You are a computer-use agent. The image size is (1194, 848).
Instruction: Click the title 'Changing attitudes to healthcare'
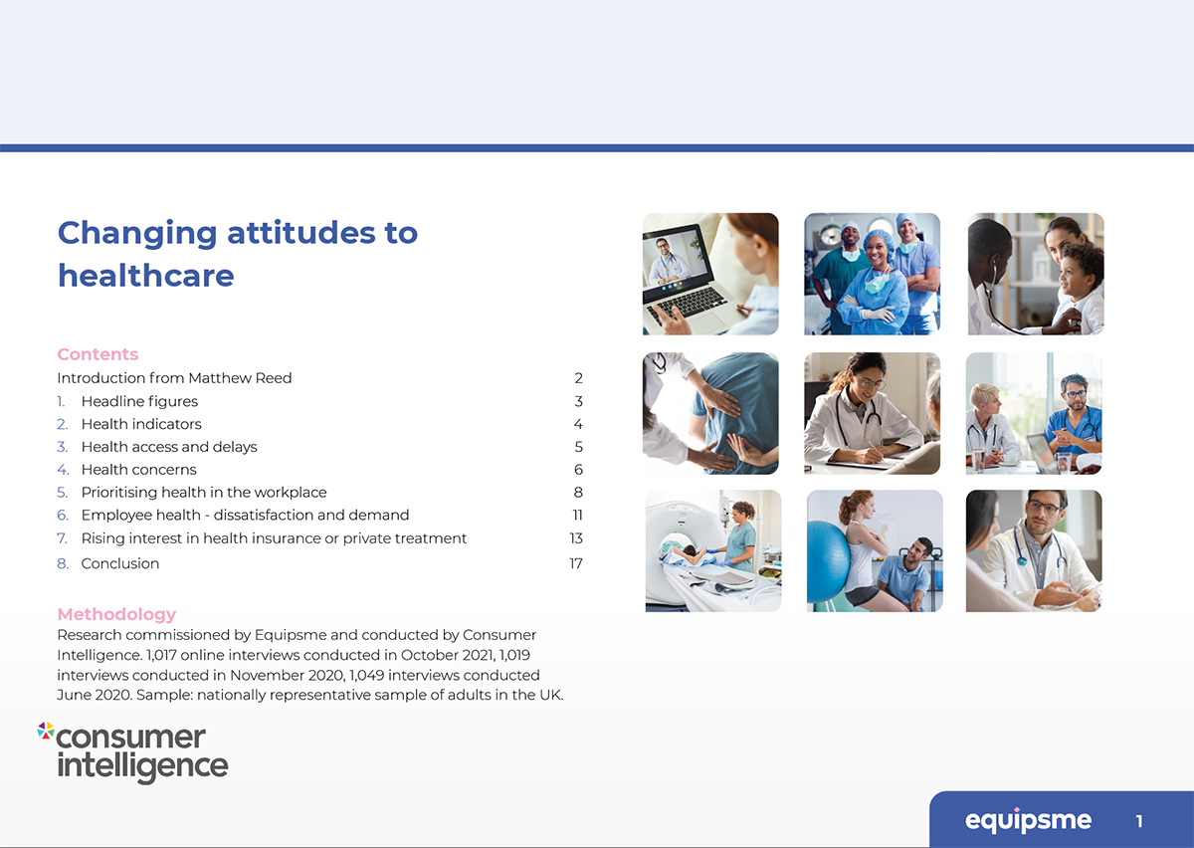[x=237, y=253]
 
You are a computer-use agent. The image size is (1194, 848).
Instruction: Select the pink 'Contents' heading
[x=98, y=354]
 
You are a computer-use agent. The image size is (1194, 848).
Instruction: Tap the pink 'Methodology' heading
[x=116, y=614]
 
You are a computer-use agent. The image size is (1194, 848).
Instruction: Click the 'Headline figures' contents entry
[x=139, y=401]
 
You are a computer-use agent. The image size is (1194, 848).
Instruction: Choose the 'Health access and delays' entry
[x=169, y=447]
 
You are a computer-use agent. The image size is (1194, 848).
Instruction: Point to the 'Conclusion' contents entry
[x=120, y=563]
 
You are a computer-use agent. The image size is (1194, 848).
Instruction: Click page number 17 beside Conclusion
[x=575, y=563]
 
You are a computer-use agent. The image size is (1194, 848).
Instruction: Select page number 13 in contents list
[x=575, y=538]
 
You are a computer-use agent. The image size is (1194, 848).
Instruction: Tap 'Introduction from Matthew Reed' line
[x=174, y=378]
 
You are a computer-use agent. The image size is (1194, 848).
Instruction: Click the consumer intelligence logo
[x=133, y=751]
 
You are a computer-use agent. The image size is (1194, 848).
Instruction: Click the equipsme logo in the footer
[x=1028, y=821]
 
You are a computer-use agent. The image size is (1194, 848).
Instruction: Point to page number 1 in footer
[x=1139, y=821]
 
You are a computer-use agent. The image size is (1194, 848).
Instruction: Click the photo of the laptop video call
[x=710, y=274]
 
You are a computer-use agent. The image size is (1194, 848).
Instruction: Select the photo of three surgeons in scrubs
[x=872, y=274]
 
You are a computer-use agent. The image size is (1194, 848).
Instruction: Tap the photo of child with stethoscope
[x=1036, y=274]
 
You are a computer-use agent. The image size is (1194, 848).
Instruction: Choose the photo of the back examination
[x=710, y=413]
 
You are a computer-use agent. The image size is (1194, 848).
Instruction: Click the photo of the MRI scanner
[x=712, y=550]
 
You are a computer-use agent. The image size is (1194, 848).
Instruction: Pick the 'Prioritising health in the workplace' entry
[x=204, y=493]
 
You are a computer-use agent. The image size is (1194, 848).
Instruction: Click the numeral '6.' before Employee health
[x=63, y=516]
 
